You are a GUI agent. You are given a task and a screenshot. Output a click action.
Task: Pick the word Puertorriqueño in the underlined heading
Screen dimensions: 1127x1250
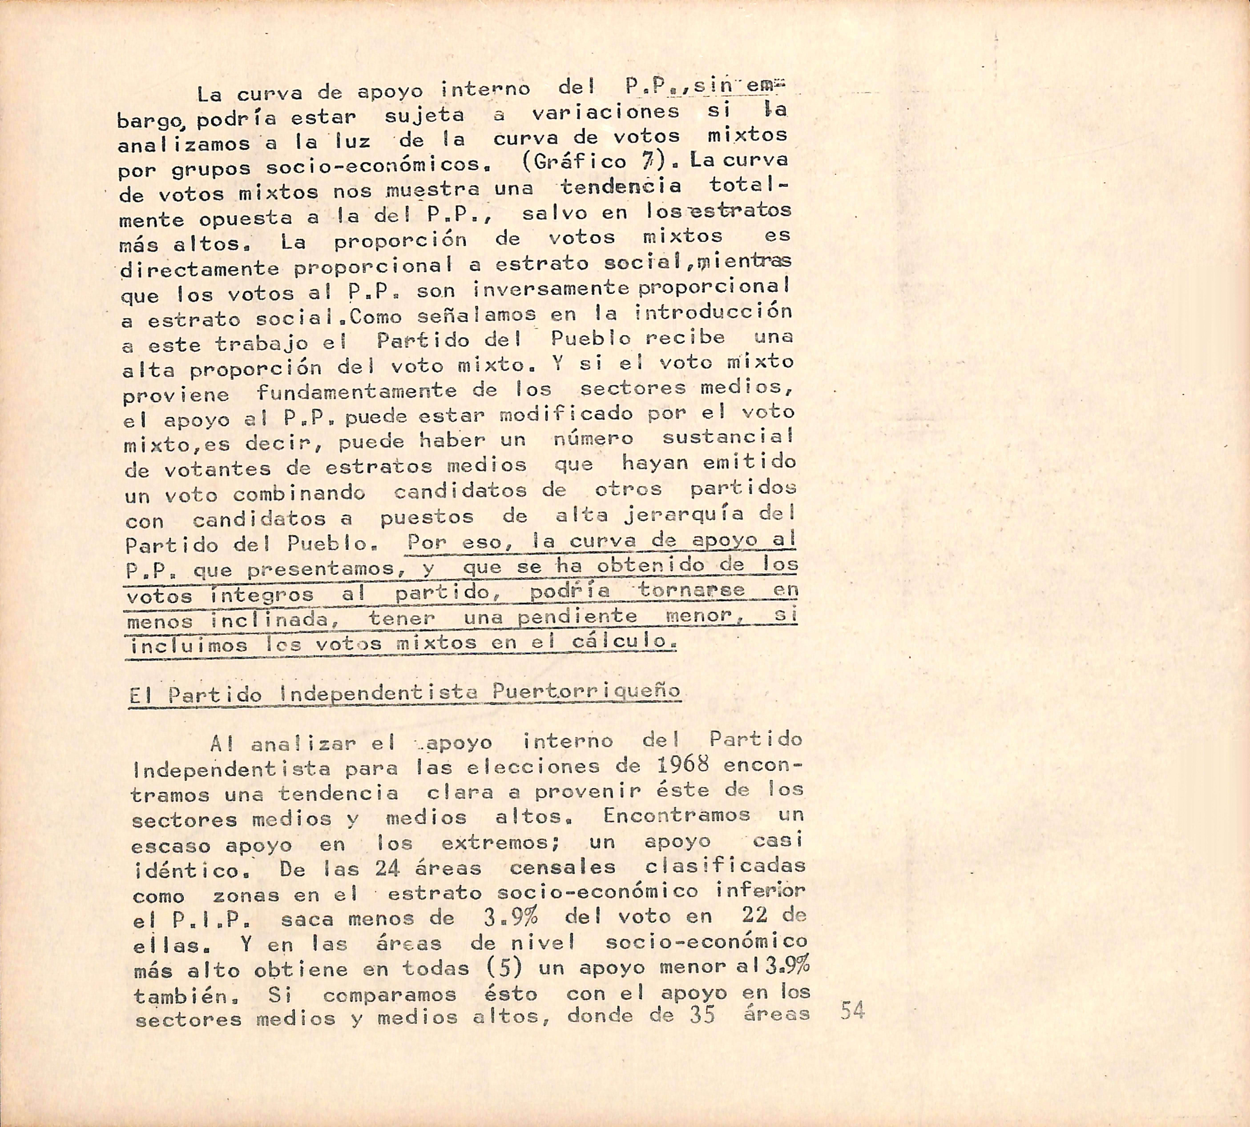(586, 691)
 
